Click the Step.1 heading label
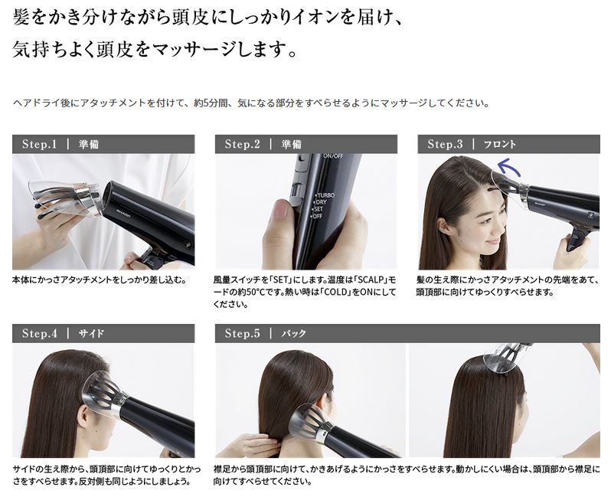(39, 144)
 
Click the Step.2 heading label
(242, 144)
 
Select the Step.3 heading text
(445, 144)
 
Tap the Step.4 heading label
(39, 333)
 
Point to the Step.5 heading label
(242, 333)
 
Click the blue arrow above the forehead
(509, 167)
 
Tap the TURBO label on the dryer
(325, 195)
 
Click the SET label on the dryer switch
(318, 209)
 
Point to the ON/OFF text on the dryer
(333, 156)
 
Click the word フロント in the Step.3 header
(499, 145)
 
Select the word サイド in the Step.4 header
(91, 334)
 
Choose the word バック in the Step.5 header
(294, 334)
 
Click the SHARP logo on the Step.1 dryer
(125, 213)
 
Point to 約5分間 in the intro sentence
(211, 103)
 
